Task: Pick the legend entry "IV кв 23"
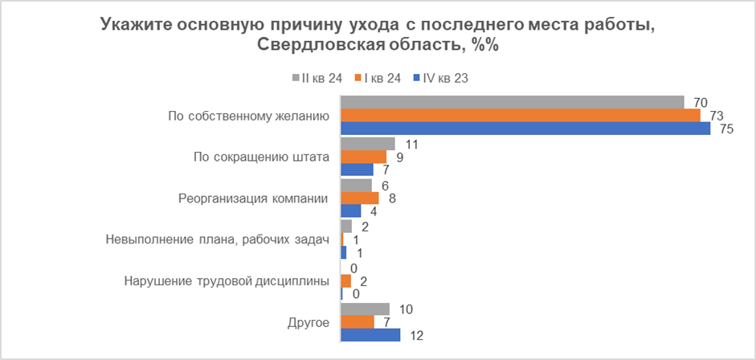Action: (x=439, y=79)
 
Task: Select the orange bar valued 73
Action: (x=521, y=116)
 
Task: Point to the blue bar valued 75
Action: (x=525, y=129)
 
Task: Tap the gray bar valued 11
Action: (x=368, y=144)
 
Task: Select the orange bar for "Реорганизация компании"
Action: (x=360, y=198)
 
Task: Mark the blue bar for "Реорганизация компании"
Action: (x=351, y=211)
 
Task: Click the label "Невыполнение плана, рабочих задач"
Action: (x=218, y=239)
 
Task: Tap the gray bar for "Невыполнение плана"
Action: (x=346, y=227)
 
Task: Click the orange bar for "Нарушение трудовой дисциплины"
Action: (x=346, y=281)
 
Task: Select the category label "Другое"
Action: (x=309, y=322)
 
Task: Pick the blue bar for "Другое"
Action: (x=370, y=335)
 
